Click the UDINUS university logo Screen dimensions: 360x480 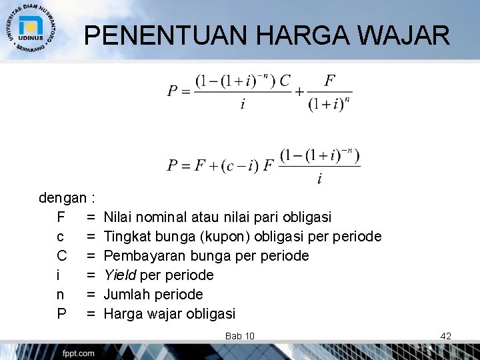(31, 27)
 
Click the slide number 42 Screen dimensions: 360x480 (446, 335)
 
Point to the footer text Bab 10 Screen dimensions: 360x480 (240, 335)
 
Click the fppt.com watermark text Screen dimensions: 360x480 (79, 353)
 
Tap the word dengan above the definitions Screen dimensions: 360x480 (62, 198)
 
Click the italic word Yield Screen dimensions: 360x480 (120, 275)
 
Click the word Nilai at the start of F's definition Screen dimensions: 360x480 (118, 217)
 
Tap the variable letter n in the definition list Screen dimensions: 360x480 (61, 294)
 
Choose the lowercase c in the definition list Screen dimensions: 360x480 (61, 237)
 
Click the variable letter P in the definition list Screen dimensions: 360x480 (61, 313)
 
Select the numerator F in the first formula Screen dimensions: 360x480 (329, 81)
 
